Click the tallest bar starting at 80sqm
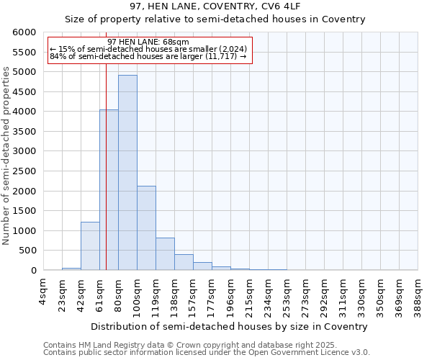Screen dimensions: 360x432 (x=127, y=173)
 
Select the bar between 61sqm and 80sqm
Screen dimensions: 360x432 (x=109, y=190)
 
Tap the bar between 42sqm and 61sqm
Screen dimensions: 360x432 (x=90, y=246)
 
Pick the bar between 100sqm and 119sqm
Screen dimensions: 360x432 (x=146, y=228)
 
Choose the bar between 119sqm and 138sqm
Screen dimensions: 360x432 (x=165, y=253)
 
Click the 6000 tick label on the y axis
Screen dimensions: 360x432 (x=24, y=32)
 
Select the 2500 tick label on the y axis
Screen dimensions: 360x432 (x=24, y=171)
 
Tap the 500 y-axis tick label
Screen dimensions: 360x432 (x=27, y=251)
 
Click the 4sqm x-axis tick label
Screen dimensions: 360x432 (x=43, y=292)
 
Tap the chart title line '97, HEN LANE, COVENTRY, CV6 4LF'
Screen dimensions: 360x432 (x=215, y=6)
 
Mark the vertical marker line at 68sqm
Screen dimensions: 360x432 (x=106, y=144)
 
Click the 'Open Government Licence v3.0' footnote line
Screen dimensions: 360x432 (x=207, y=353)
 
